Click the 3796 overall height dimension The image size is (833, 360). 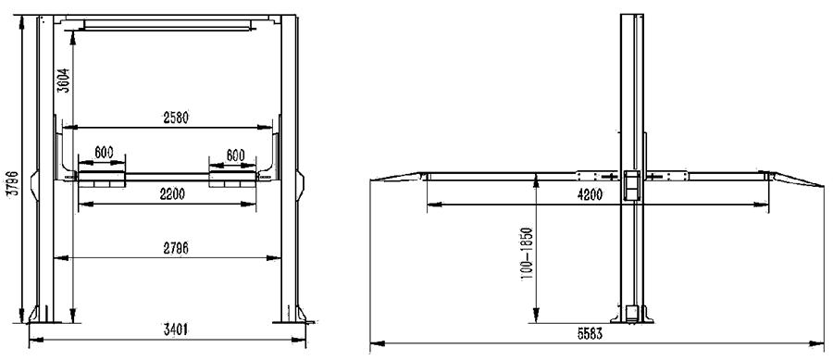pos(14,182)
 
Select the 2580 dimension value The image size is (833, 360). pos(175,118)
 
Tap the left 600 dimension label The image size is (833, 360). pos(104,153)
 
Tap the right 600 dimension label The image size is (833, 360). pos(235,155)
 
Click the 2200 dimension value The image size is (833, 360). pos(172,194)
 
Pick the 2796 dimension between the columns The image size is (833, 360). pos(175,247)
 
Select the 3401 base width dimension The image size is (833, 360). pos(175,329)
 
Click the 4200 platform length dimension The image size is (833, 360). pos(591,194)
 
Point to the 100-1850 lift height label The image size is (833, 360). pos(527,254)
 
